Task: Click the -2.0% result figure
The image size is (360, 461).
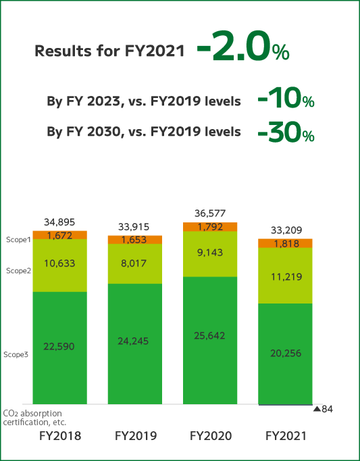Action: (243, 50)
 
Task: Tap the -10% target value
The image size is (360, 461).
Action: (286, 100)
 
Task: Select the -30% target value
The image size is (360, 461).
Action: (286, 132)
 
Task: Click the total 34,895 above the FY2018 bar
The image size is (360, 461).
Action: (59, 222)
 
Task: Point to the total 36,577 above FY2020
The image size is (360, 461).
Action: (210, 214)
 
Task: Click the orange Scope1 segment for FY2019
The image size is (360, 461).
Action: (134, 239)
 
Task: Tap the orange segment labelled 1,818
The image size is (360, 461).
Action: (285, 243)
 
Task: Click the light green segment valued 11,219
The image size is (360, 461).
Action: (285, 276)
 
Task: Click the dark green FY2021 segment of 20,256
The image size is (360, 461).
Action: (285, 353)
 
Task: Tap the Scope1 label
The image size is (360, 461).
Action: (18, 240)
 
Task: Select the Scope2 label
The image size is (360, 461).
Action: (18, 271)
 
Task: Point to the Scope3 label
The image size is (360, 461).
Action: (16, 354)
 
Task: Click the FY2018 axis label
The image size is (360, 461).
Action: (60, 436)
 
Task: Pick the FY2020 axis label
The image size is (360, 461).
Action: (211, 436)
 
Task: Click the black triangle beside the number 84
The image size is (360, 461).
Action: (317, 409)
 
